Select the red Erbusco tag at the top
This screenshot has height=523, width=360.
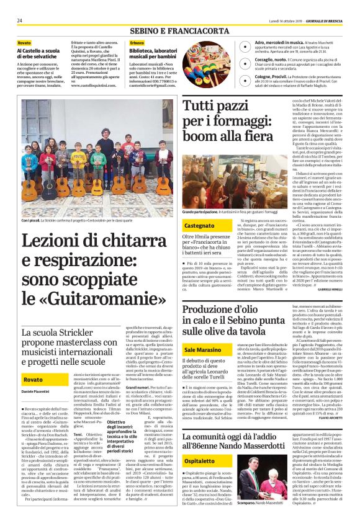(137, 43)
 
